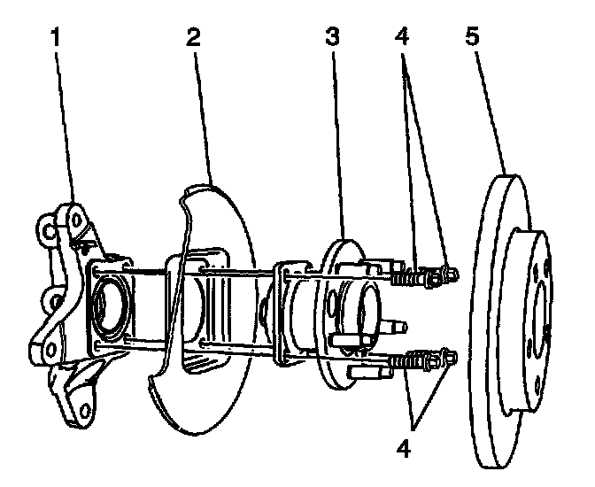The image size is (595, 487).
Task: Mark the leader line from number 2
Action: [x=205, y=115]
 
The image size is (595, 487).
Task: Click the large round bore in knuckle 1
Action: [x=106, y=305]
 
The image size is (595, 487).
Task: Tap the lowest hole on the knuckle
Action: [x=85, y=409]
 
